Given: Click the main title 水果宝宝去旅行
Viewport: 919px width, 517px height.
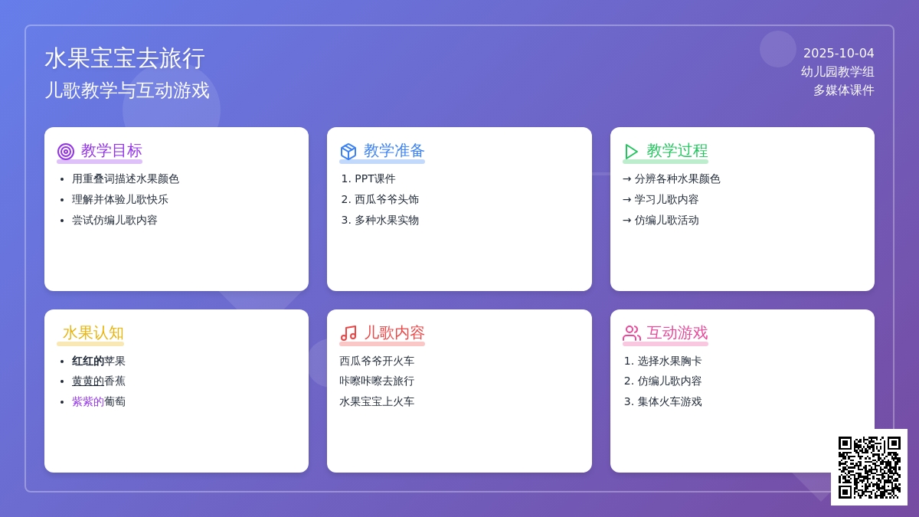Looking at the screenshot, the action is pyautogui.click(x=125, y=58).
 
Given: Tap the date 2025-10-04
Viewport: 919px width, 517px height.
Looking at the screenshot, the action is pyautogui.click(x=839, y=54).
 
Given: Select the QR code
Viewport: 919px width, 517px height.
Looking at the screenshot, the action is pyautogui.click(x=869, y=467).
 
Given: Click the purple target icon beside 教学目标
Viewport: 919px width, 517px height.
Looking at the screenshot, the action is pyautogui.click(x=66, y=152).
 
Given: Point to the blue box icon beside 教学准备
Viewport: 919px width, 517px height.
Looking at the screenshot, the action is pyautogui.click(x=348, y=152).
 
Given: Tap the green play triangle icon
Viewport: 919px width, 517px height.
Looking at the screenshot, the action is pyautogui.click(x=630, y=152).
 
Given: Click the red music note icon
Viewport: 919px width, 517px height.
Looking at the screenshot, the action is pyautogui.click(x=348, y=333).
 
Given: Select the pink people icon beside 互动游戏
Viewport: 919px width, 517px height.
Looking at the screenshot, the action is pyautogui.click(x=632, y=333).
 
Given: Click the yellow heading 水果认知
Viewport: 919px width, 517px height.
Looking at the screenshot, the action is pyautogui.click(x=93, y=332).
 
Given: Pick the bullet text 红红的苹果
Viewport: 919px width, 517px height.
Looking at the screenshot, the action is pyautogui.click(x=99, y=361).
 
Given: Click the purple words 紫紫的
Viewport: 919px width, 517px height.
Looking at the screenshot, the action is pyautogui.click(x=88, y=401).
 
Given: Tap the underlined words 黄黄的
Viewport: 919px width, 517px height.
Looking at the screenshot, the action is pyautogui.click(x=88, y=381).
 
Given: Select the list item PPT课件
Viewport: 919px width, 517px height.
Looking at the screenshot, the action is pyautogui.click(x=375, y=179).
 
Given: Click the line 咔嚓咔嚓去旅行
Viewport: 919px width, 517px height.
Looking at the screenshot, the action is pyautogui.click(x=377, y=381).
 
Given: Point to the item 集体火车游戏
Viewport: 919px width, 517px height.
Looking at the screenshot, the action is pyautogui.click(x=669, y=401).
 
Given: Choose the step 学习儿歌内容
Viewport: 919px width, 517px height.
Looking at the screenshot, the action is pyautogui.click(x=667, y=199).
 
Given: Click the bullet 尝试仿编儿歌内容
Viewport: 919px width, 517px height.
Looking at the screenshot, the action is pyautogui.click(x=114, y=221).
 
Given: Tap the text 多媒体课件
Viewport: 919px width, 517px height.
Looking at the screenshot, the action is pyautogui.click(x=843, y=90).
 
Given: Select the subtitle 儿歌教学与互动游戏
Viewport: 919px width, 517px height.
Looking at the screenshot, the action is pyautogui.click(x=127, y=90).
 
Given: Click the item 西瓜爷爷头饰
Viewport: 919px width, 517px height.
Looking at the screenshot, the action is pyautogui.click(x=387, y=199).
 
